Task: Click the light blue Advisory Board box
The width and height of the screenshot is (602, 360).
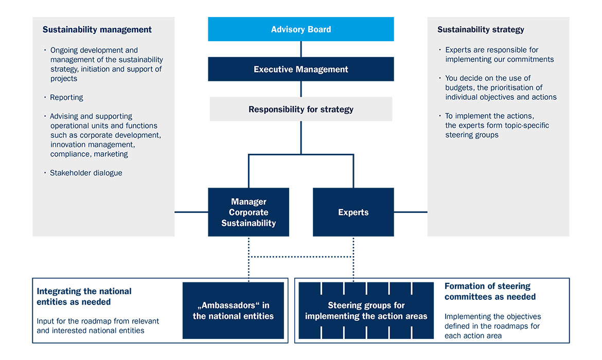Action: [x=301, y=29]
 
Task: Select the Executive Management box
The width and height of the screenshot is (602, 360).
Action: [x=301, y=69]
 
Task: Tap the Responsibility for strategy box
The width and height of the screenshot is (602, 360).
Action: [x=301, y=109]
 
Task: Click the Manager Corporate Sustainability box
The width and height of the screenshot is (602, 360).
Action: [x=249, y=212]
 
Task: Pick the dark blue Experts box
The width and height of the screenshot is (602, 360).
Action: [x=353, y=212]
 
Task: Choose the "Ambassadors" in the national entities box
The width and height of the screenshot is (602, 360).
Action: [x=233, y=311]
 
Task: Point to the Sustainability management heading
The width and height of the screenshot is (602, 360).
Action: [x=97, y=30]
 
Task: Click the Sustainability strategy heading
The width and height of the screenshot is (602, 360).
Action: [x=481, y=30]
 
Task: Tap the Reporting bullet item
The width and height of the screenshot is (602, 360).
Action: [x=66, y=97]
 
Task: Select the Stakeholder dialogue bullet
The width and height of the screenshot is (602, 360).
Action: [x=86, y=173]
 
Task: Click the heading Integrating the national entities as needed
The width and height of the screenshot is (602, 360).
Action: [x=84, y=296]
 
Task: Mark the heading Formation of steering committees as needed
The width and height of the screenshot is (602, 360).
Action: [x=490, y=291]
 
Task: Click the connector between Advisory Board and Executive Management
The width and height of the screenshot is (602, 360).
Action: [x=301, y=49]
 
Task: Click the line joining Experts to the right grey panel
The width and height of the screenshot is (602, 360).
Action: [x=411, y=212]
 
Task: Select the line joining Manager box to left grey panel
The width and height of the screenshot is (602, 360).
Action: [x=191, y=212]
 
